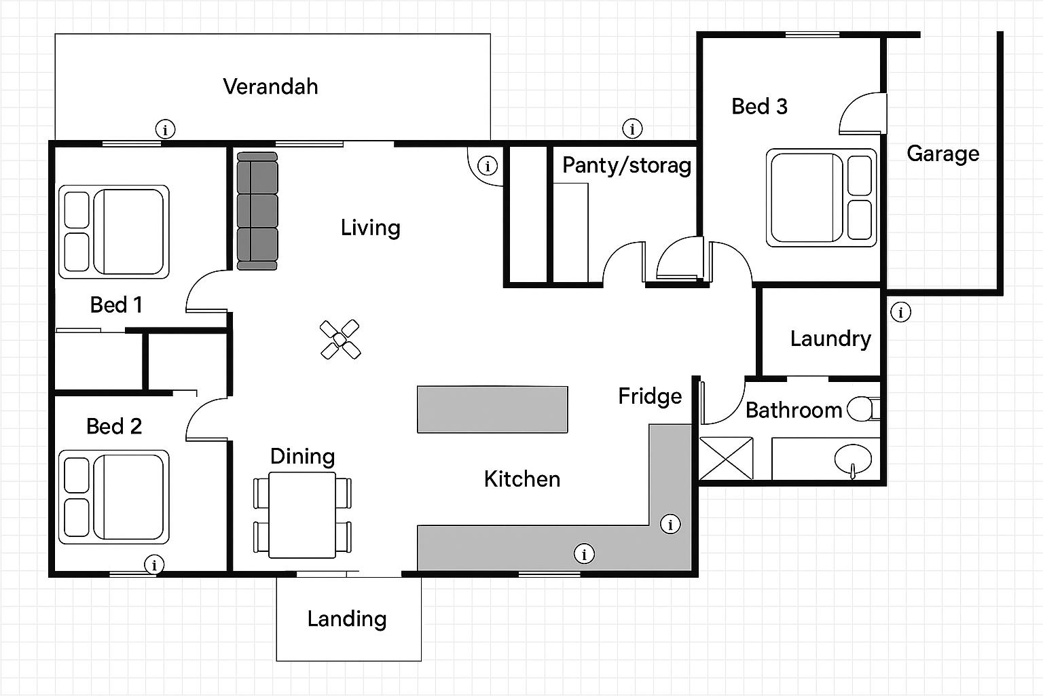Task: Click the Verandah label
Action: click(270, 86)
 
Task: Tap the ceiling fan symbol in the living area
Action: click(340, 339)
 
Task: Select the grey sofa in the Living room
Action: click(257, 211)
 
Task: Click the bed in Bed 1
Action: click(114, 231)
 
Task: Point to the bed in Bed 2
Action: click(114, 497)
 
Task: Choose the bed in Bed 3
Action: click(821, 198)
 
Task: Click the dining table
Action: click(303, 515)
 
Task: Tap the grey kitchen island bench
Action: click(492, 409)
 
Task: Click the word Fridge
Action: click(650, 396)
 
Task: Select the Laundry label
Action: click(830, 338)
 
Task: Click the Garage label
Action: click(943, 154)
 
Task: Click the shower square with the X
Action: click(727, 459)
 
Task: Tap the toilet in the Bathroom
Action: click(862, 409)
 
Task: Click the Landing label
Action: click(347, 619)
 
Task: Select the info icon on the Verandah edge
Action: click(166, 128)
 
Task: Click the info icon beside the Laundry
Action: click(901, 312)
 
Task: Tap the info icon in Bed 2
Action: click(155, 564)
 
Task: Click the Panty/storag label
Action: click(626, 165)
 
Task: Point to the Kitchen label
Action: click(522, 479)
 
